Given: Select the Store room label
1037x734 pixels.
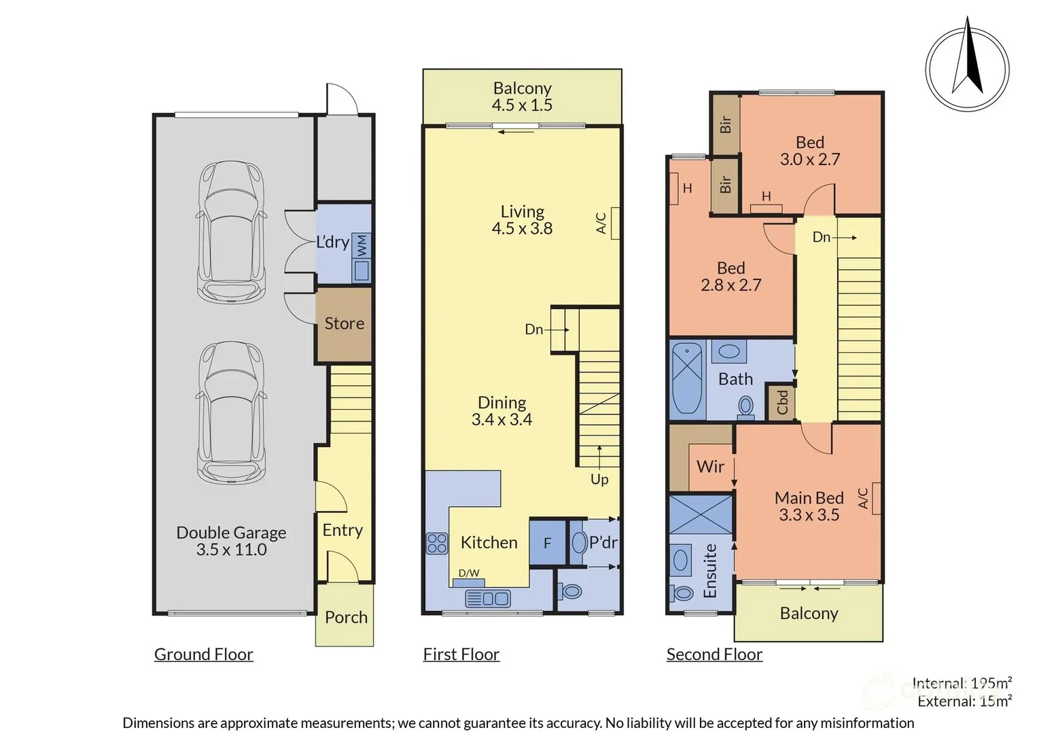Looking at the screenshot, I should [344, 324].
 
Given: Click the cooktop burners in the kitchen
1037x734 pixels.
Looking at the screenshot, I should [437, 543].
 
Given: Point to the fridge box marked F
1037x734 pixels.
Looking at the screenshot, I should [547, 543].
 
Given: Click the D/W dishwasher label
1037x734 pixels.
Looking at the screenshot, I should [468, 573].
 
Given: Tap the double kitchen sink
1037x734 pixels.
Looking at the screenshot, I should [487, 598].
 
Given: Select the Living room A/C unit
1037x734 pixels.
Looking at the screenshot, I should [615, 223].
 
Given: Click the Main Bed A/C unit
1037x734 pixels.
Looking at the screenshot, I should [876, 498].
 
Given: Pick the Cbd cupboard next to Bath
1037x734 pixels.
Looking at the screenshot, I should [781, 402].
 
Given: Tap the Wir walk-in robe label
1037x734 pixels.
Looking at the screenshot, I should [710, 467].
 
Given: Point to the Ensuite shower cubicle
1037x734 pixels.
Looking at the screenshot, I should [701, 515].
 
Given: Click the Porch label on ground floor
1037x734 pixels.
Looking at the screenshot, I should [346, 617].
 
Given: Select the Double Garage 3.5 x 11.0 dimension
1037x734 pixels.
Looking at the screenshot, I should [231, 550].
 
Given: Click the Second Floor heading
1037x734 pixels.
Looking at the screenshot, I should [714, 654].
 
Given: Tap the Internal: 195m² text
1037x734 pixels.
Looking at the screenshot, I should [962, 683].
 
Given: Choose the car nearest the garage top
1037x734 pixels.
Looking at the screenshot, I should [231, 231].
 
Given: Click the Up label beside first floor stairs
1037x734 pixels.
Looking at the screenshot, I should [599, 479].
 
